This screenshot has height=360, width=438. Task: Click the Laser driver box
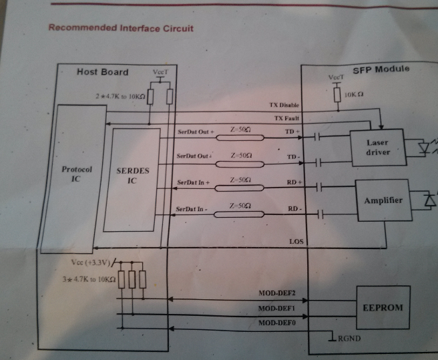point(377,148)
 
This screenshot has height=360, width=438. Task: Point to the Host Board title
point(102,71)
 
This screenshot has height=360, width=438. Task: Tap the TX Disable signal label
point(284,106)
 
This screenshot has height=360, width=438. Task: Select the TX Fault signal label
point(286,118)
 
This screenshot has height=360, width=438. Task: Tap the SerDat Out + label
point(194,131)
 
